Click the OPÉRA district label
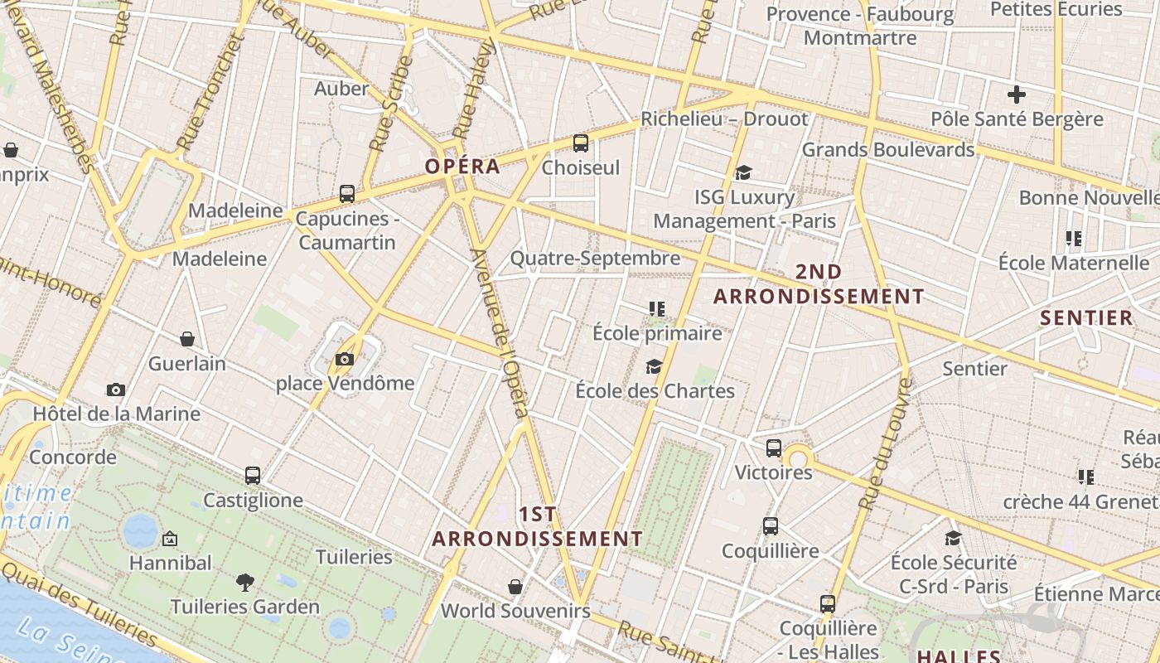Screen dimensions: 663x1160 [462, 166]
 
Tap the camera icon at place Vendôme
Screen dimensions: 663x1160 [345, 359]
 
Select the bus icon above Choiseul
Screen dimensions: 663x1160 [580, 143]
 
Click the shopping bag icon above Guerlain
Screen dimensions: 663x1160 [187, 339]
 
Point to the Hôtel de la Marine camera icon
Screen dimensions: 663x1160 [116, 390]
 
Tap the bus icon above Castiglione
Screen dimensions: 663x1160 [253, 476]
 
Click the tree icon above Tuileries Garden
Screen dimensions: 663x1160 [244, 582]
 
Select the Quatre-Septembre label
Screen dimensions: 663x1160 [595, 259]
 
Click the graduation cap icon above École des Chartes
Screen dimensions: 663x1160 [655, 366]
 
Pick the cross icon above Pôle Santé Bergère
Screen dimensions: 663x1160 [1017, 94]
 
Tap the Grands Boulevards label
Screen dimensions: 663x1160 [888, 150]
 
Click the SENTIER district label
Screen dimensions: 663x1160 [1086, 317]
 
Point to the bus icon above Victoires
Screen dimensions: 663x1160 [774, 448]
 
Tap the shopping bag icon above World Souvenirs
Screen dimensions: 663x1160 [515, 587]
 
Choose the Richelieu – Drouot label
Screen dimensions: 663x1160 [724, 119]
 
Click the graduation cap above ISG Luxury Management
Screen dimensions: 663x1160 [743, 172]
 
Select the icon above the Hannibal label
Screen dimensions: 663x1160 [170, 539]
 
